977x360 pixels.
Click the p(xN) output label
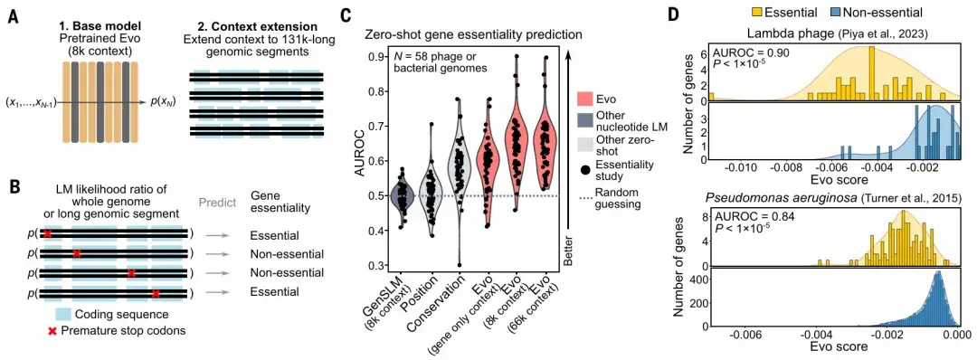[167, 104]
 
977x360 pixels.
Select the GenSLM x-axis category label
[402, 305]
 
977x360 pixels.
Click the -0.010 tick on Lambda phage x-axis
[741, 168]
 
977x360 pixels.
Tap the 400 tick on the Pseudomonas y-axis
[697, 280]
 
